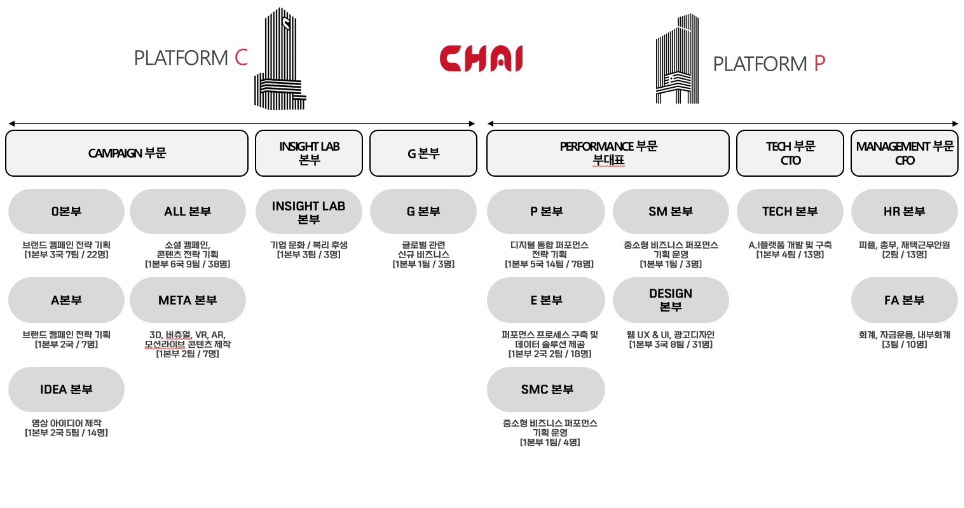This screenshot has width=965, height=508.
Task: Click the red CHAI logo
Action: (481, 58)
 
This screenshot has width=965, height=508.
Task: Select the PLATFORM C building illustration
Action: (280, 60)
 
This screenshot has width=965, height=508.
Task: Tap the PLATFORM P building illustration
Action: (678, 60)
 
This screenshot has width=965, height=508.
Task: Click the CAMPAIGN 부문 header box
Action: (127, 153)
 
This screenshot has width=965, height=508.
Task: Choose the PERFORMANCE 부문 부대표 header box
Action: (608, 153)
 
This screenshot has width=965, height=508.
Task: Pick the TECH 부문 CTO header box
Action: (790, 153)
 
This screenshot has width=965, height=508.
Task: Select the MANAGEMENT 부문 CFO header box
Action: (905, 153)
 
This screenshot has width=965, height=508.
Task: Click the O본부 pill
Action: (66, 211)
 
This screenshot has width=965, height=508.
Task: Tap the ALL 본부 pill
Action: (188, 211)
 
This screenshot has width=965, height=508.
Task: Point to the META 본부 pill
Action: (188, 300)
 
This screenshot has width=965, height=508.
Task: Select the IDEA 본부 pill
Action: (66, 389)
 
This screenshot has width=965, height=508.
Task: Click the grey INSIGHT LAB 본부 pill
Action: (308, 212)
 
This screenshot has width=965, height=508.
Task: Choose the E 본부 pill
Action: (546, 300)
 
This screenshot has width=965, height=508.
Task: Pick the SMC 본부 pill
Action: (546, 389)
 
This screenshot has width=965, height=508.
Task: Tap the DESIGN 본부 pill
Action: (671, 300)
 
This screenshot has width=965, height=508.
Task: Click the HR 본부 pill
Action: (904, 211)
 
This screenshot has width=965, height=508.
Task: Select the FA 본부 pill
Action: (904, 300)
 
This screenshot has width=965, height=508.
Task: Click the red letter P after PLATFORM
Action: (819, 64)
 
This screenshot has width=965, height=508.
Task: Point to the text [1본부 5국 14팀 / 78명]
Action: (549, 264)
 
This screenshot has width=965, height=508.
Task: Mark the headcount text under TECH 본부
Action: (790, 254)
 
